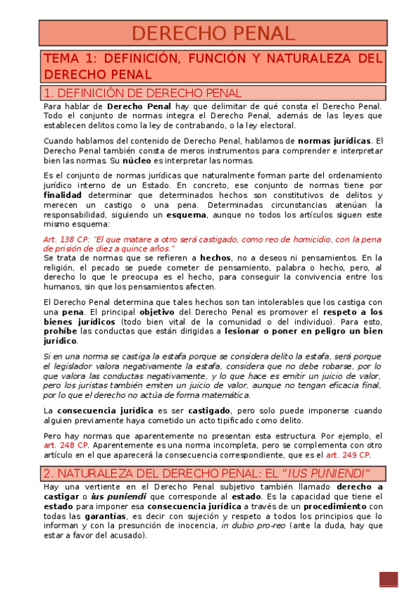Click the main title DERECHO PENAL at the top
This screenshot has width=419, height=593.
[213, 33]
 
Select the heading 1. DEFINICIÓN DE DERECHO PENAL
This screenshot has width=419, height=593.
[142, 93]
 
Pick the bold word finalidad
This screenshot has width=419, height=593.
[62, 195]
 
